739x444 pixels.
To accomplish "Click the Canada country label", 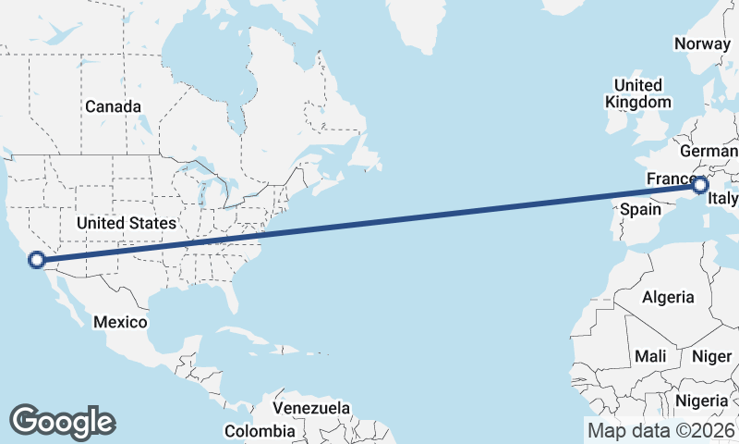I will click(114, 106).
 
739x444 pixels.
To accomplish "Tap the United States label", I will click(126, 223).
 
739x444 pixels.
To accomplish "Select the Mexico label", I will click(120, 322).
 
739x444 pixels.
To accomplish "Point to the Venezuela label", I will click(311, 408).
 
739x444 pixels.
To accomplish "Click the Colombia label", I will click(260, 431).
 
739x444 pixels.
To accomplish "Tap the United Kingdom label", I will click(637, 93).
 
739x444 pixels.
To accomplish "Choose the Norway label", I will click(702, 43).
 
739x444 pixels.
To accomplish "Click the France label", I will click(670, 178).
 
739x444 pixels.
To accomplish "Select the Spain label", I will click(639, 209).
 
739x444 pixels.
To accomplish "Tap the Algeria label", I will click(668, 297).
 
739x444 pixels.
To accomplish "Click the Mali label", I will click(649, 356).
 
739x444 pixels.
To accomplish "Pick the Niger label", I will click(711, 356).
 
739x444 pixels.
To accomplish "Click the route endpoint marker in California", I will click(37, 260).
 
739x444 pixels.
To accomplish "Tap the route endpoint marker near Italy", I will click(699, 184).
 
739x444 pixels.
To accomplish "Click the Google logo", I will click(62, 422).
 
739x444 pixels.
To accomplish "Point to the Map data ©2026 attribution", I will click(661, 430).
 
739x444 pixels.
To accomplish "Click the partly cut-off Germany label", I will click(709, 151).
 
